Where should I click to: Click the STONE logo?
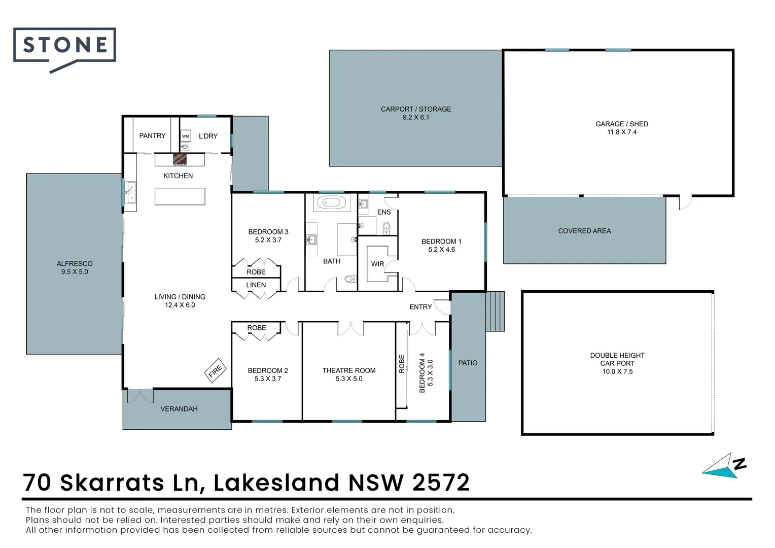pos(64,49)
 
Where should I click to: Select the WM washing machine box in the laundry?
pos(186,136)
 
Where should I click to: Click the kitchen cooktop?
pos(180,159)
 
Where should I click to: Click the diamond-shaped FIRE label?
pos(215,370)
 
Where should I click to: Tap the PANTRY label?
pos(152,135)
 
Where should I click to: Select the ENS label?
pos(384,212)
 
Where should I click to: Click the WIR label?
pos(377,264)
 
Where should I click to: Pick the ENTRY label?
pos(420,306)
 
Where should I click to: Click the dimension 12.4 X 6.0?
pos(180,305)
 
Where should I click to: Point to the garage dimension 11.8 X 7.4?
pos(622,132)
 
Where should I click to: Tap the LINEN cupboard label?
pos(256,285)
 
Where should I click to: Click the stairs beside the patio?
pos(495,311)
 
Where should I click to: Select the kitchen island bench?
pos(180,196)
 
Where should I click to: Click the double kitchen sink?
pos(130,193)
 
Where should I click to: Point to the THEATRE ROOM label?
pos(349,370)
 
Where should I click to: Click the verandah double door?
pos(140,396)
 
